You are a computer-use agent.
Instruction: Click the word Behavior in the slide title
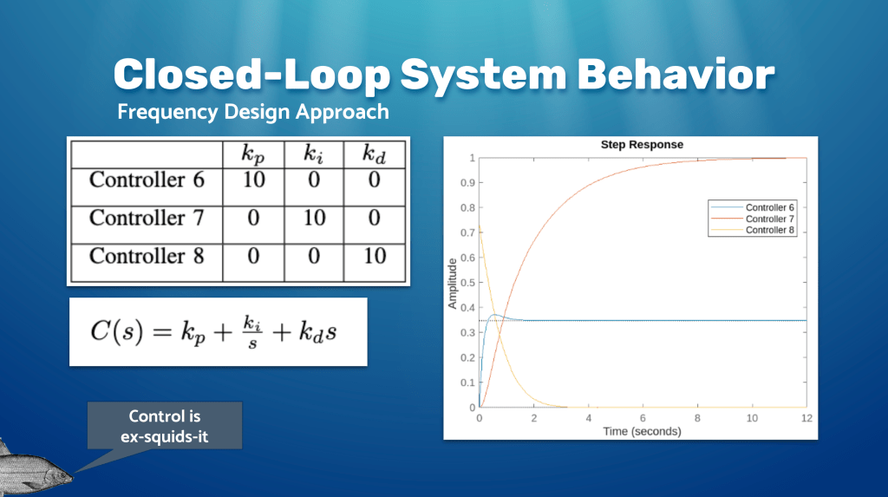pos(676,75)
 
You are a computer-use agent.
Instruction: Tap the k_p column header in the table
pos(253,154)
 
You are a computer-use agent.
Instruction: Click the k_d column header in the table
pos(375,154)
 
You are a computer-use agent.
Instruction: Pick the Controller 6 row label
pos(147,180)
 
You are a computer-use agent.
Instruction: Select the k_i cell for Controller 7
pos(314,218)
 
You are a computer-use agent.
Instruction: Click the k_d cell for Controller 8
pos(375,256)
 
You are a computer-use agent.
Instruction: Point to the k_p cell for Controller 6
pos(253,180)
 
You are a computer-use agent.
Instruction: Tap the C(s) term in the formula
pos(117,331)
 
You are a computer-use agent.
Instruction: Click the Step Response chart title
pos(642,145)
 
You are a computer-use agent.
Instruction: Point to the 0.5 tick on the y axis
pos(467,283)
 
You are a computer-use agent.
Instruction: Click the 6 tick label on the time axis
pos(643,418)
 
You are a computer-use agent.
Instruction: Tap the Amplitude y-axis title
pos(452,284)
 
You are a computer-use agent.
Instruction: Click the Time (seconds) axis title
pos(642,431)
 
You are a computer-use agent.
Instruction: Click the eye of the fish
pos(56,472)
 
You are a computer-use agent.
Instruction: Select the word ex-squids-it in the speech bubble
pos(164,437)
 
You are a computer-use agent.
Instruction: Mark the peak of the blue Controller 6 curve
pos(494,315)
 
